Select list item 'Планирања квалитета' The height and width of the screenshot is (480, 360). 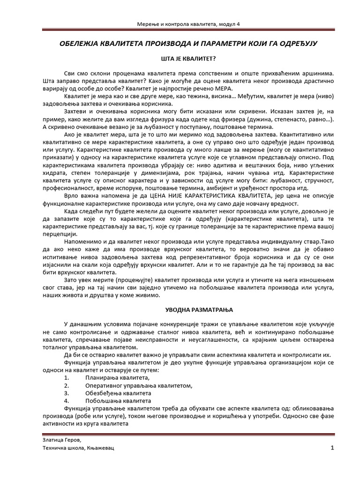pos(117,377)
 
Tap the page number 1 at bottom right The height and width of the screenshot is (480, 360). pos(332,448)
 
